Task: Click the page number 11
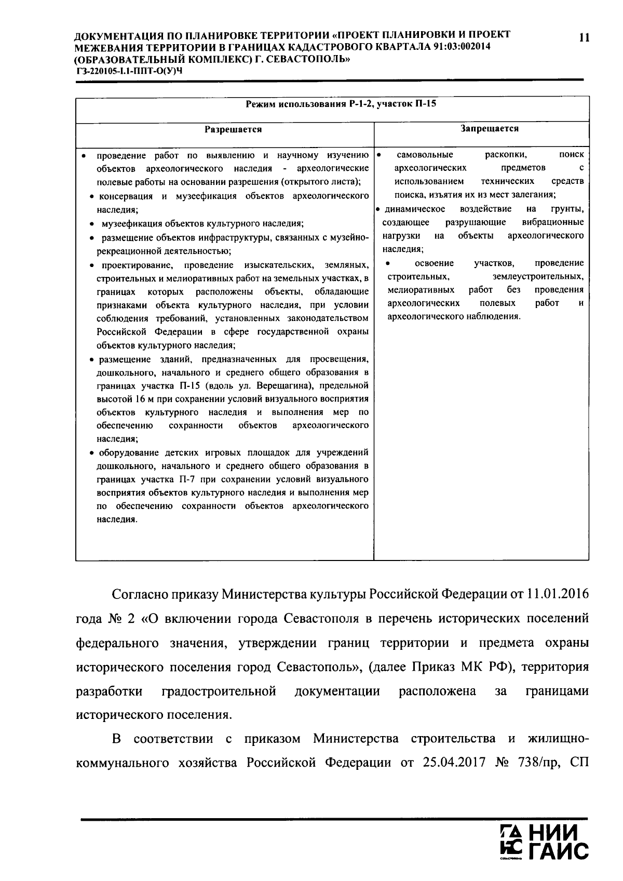click(584, 37)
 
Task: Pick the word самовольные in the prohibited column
click(425, 155)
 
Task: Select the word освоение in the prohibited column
click(434, 263)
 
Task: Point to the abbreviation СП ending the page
click(579, 763)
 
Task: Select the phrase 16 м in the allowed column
click(143, 399)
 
